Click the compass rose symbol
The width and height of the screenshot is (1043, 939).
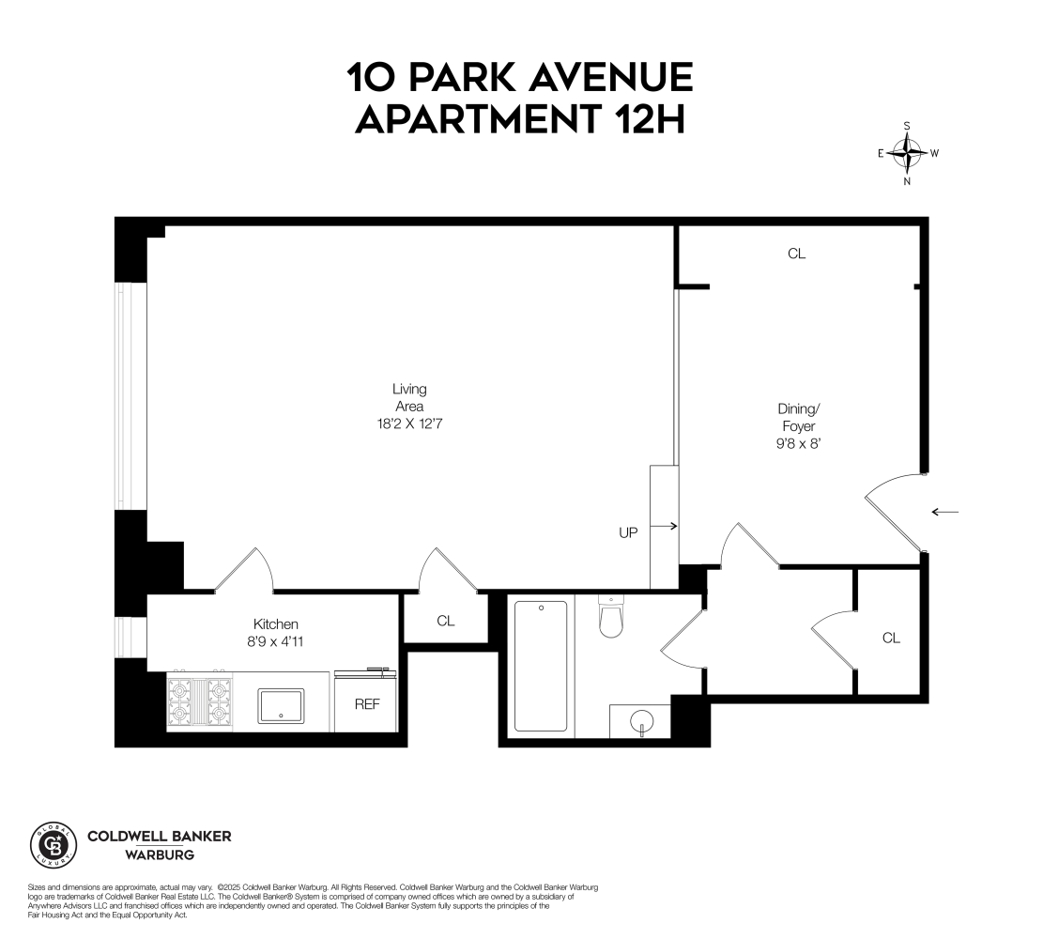tap(907, 152)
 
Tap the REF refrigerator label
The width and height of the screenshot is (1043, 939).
tap(366, 704)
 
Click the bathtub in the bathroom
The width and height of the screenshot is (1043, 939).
tap(541, 666)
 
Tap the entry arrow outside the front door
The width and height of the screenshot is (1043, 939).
tap(944, 512)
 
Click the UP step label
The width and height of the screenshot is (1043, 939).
tap(628, 532)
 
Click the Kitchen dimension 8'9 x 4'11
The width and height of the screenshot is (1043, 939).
tap(276, 642)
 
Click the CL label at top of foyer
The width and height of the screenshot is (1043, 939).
tap(797, 254)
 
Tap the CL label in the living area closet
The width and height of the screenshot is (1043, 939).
tap(445, 621)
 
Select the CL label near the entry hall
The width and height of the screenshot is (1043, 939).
tap(891, 639)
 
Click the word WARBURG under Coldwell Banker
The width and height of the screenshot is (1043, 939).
tap(160, 855)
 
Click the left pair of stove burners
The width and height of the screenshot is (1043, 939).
tap(179, 701)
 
